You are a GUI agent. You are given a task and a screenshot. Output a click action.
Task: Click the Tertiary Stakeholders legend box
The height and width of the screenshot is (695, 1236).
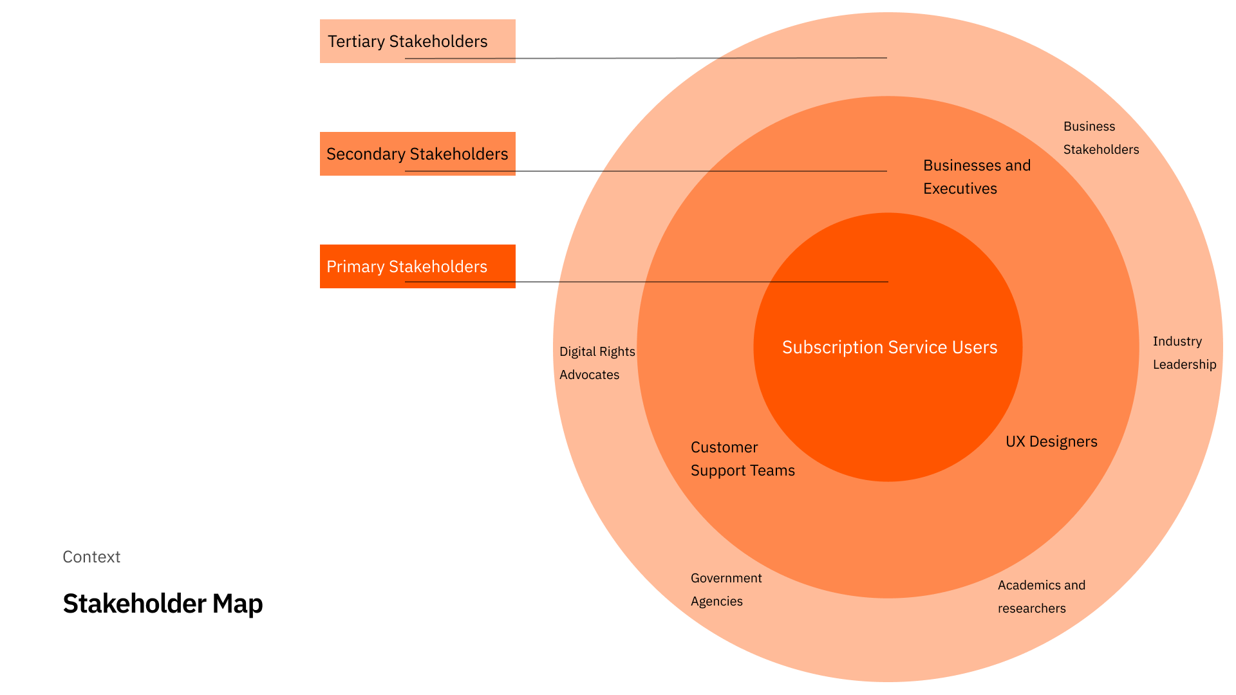tap(417, 41)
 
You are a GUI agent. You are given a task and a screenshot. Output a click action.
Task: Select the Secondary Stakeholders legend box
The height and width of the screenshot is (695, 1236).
tap(417, 153)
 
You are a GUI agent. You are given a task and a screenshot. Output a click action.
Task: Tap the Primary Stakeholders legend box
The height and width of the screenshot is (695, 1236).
tap(417, 266)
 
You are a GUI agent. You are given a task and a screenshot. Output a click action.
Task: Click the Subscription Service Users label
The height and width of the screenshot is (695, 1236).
tap(889, 347)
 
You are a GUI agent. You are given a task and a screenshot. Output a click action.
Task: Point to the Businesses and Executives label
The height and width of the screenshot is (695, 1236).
tap(976, 177)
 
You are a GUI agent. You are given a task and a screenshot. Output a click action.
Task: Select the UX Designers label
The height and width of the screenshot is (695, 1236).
tap(1051, 441)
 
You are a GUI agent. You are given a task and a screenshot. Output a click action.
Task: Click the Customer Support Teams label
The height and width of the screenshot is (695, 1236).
tap(742, 459)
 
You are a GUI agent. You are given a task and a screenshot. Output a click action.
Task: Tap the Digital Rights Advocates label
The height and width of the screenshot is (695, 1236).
tap(597, 363)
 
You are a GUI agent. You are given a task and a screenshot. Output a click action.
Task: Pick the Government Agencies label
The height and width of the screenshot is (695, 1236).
tap(726, 589)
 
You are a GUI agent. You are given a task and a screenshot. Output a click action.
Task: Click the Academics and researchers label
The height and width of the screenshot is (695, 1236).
tap(1041, 597)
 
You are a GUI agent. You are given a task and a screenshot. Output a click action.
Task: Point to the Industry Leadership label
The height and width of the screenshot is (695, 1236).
tap(1184, 353)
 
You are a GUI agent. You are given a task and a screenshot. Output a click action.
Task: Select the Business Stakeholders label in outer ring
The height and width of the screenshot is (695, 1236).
tap(1100, 138)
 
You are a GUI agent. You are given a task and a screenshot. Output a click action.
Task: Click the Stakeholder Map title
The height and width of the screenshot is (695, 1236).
tap(163, 604)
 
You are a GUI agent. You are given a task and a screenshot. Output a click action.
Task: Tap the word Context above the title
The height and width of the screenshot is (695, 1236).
tap(91, 557)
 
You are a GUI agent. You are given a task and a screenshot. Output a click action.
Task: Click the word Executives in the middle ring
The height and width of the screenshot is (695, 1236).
tap(960, 189)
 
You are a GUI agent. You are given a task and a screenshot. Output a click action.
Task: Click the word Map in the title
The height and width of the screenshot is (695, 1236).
tap(238, 604)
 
